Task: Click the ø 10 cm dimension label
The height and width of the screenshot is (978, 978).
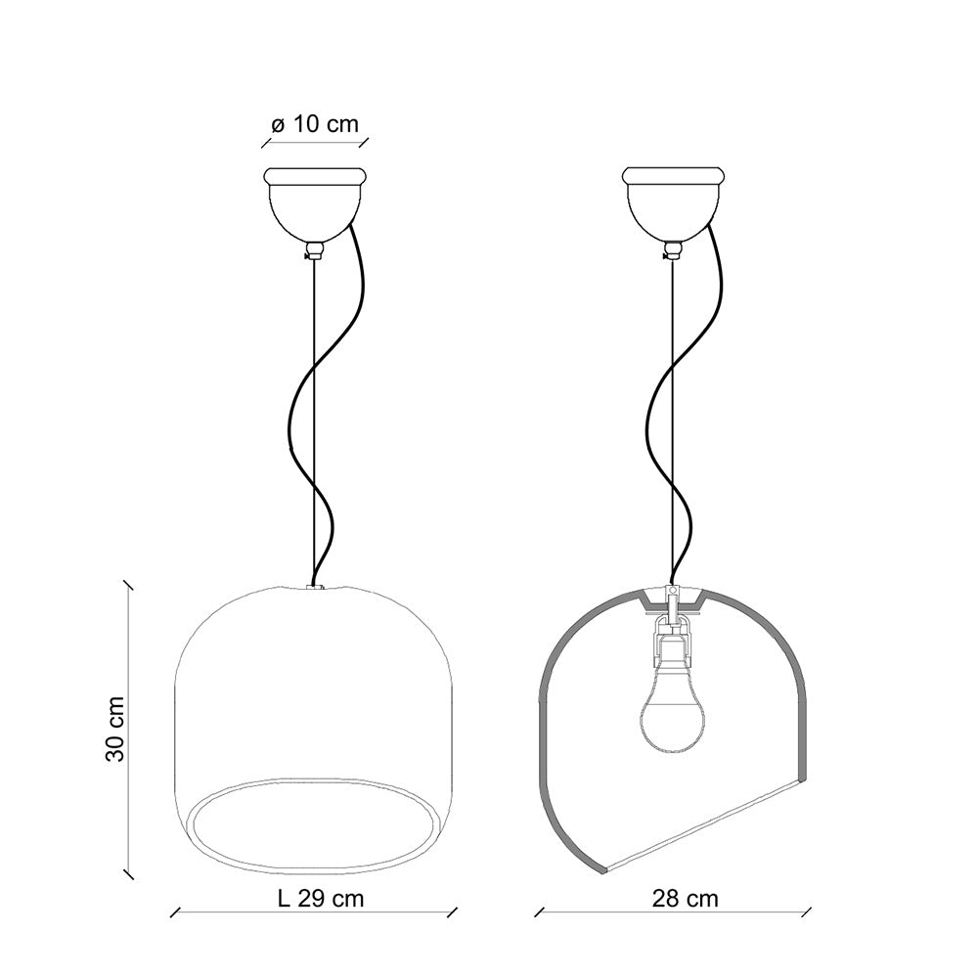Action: coord(315,124)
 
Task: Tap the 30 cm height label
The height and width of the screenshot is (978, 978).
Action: coord(115,729)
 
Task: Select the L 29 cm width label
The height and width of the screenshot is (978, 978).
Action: coord(320,899)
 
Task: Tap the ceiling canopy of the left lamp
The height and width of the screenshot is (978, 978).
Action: coord(314,204)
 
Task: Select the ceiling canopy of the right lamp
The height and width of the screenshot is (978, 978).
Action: coord(674,204)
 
